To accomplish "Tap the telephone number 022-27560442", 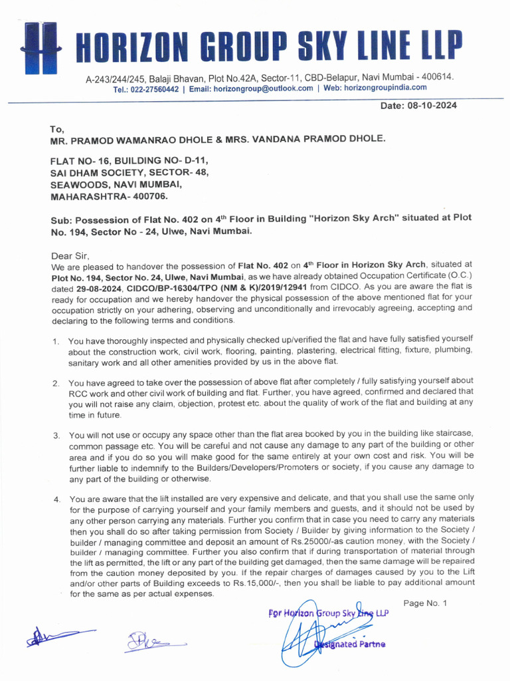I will tap(154, 88).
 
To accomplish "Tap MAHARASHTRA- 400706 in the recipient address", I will tap(110, 197).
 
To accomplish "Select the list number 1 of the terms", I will tap(56, 342).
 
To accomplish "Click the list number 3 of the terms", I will tap(56, 436).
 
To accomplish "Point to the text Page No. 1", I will tap(425, 603).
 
